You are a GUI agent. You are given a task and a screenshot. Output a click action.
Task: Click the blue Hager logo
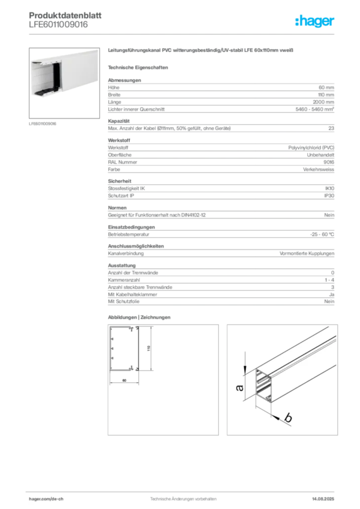click(x=315, y=21)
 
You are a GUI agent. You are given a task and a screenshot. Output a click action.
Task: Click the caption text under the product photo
click(x=43, y=123)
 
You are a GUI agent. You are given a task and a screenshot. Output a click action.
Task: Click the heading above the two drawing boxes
click(x=139, y=317)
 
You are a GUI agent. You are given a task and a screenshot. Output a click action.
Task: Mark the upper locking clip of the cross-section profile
click(x=133, y=330)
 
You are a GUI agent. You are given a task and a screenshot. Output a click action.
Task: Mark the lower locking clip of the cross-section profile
click(x=133, y=369)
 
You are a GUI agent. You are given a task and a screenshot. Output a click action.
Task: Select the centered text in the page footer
click(x=181, y=496)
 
